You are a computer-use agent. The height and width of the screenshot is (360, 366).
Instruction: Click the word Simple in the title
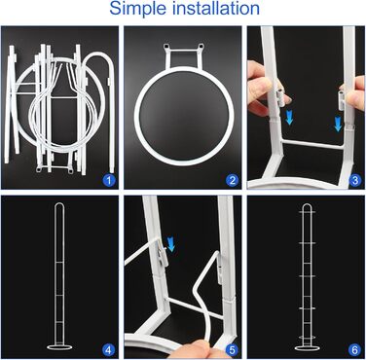pyautogui.click(x=138, y=9)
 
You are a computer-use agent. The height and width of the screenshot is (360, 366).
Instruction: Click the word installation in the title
pyautogui.click(x=216, y=8)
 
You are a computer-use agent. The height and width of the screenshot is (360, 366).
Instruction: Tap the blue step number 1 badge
pyautogui.click(x=109, y=180)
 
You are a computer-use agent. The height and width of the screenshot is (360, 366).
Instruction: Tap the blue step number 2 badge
pyautogui.click(x=233, y=180)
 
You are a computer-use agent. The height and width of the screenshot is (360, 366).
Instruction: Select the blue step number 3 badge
pyautogui.click(x=355, y=180)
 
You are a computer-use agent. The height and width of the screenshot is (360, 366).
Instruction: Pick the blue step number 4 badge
pyautogui.click(x=109, y=350)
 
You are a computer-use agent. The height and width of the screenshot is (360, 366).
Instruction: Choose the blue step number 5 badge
pyautogui.click(x=233, y=350)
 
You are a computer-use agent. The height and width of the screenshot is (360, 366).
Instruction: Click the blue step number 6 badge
pyautogui.click(x=355, y=350)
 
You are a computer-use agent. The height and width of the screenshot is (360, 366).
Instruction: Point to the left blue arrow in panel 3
pyautogui.click(x=289, y=118)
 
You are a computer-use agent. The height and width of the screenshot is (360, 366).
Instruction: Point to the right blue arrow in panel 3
pyautogui.click(x=338, y=125)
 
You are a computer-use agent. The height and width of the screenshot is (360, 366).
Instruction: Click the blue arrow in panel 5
pyautogui.click(x=171, y=244)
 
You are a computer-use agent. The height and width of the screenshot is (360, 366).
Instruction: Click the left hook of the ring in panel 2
pyautogui.click(x=166, y=48)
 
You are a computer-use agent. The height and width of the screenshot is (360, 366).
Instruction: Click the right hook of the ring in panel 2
pyautogui.click(x=201, y=47)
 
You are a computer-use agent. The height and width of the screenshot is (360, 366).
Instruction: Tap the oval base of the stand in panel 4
pyautogui.click(x=59, y=347)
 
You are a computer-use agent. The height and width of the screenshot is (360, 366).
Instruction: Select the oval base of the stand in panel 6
pyautogui.click(x=307, y=348)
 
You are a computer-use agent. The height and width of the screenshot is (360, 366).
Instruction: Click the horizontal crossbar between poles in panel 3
pyautogui.click(x=312, y=143)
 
